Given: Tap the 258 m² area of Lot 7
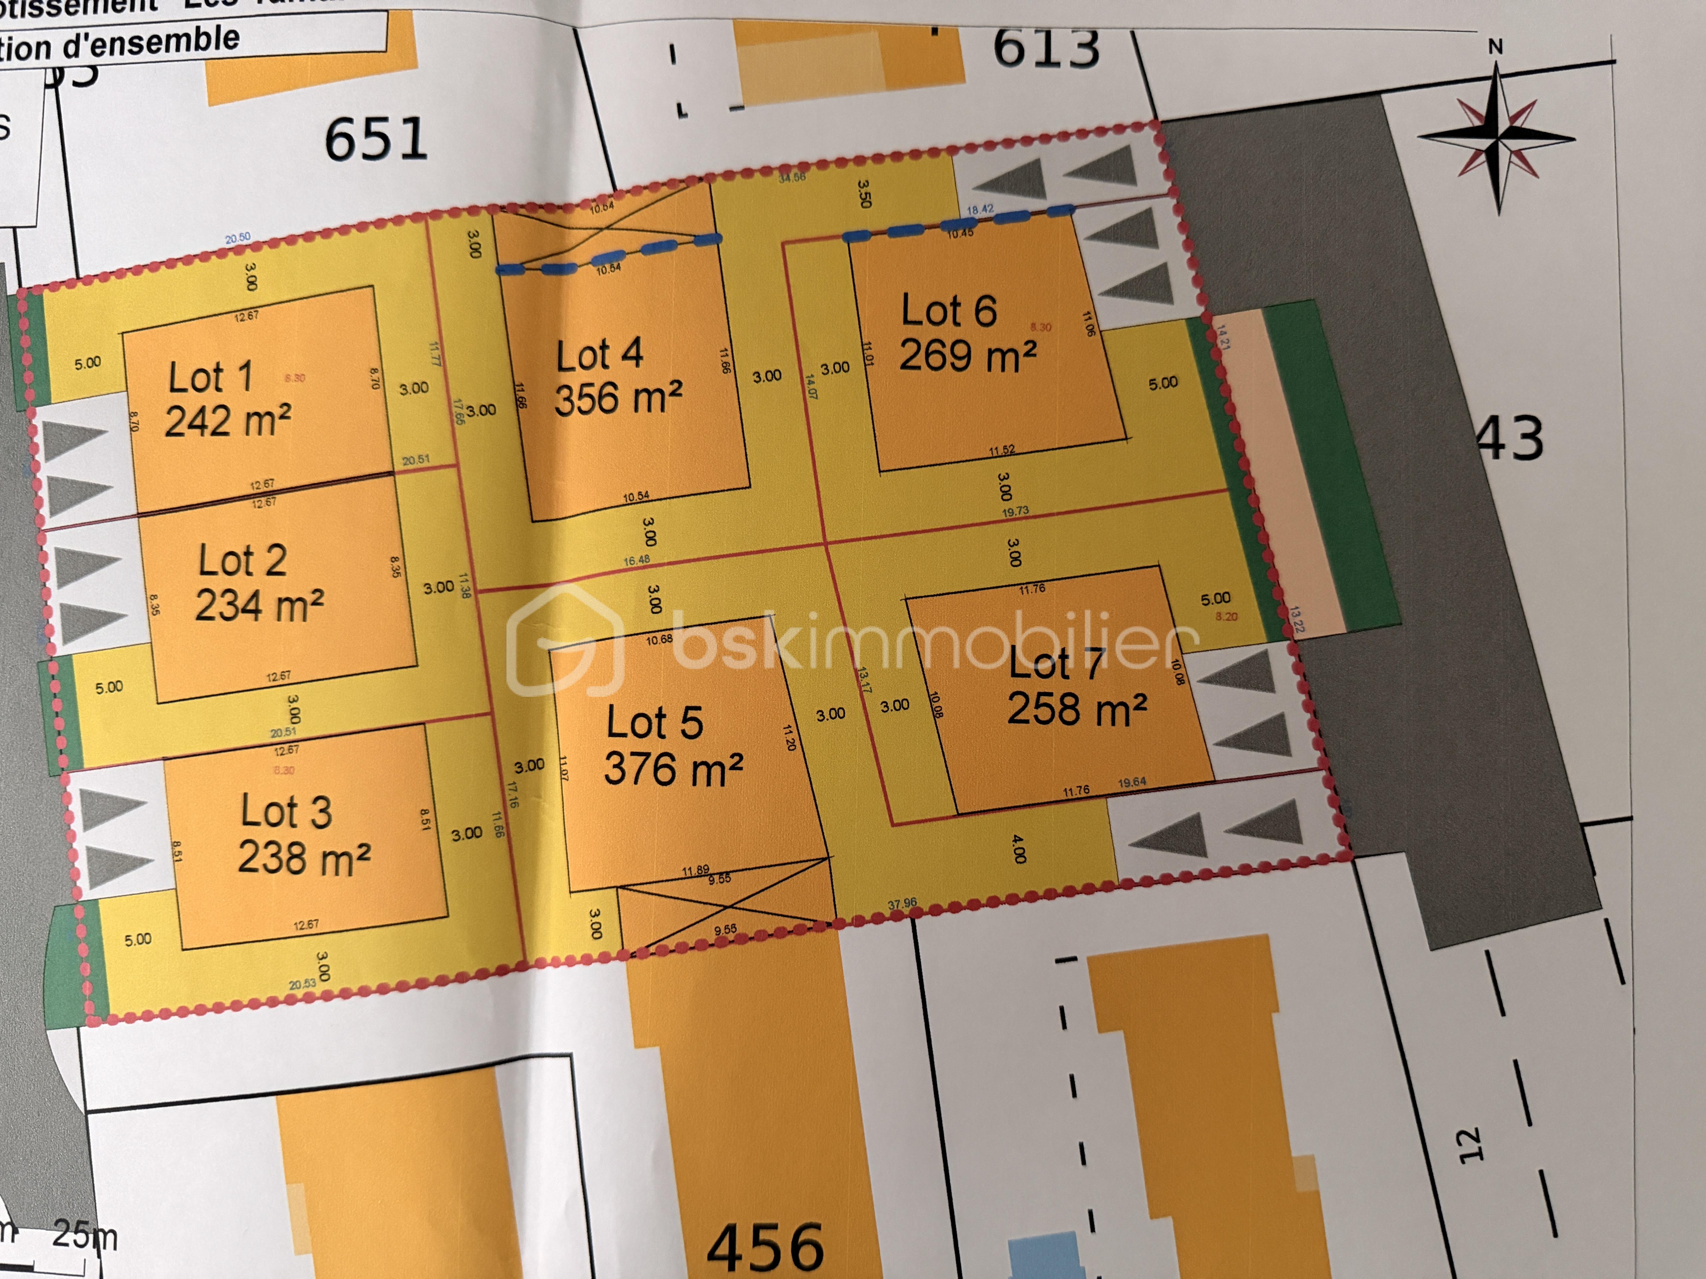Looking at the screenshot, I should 1077,708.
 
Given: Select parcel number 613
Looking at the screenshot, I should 1046,48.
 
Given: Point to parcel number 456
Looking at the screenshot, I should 765,1247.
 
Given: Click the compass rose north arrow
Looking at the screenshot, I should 1496,139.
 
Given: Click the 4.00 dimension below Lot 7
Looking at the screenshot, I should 1018,848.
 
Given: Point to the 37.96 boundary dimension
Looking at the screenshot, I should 902,903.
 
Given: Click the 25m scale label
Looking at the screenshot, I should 85,1236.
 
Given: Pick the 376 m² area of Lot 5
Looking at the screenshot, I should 673,769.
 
